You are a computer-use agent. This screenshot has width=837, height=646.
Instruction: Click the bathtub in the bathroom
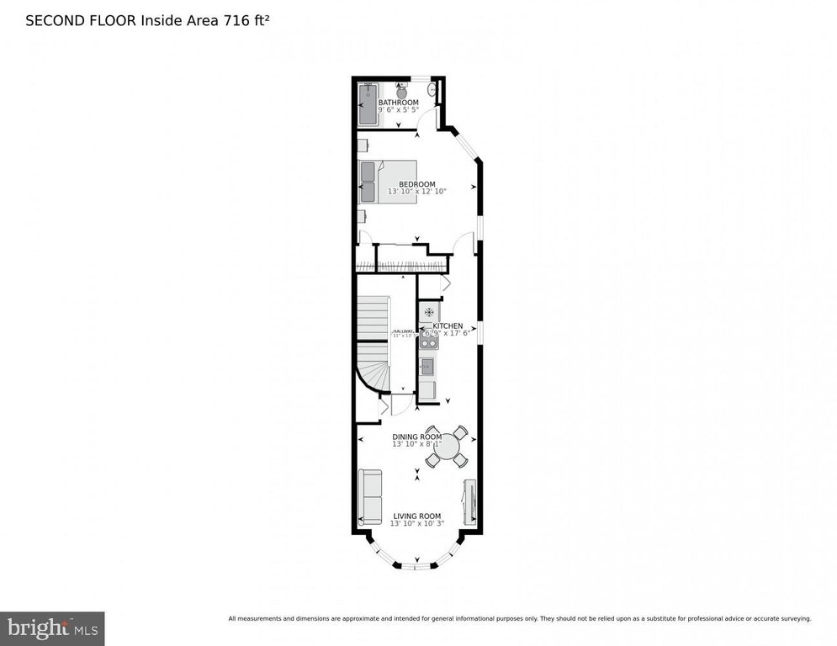368,104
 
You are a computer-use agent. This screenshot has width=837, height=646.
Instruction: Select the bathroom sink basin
432,87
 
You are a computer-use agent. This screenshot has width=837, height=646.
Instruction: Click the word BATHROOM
398,103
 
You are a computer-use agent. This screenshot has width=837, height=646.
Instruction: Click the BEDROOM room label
416,184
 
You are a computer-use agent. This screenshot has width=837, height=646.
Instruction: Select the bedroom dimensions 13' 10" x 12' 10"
416,192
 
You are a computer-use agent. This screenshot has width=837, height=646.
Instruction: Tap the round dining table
447,446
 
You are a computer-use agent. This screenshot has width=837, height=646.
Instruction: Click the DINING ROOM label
416,437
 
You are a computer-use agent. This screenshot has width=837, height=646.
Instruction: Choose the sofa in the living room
369,496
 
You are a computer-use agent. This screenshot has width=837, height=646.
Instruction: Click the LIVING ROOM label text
416,516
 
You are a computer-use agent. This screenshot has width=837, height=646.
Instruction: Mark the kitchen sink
427,366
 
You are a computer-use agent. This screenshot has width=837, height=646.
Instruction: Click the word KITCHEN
448,326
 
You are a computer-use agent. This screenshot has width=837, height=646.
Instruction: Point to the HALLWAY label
401,331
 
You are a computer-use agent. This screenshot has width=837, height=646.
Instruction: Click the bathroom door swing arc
441,119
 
